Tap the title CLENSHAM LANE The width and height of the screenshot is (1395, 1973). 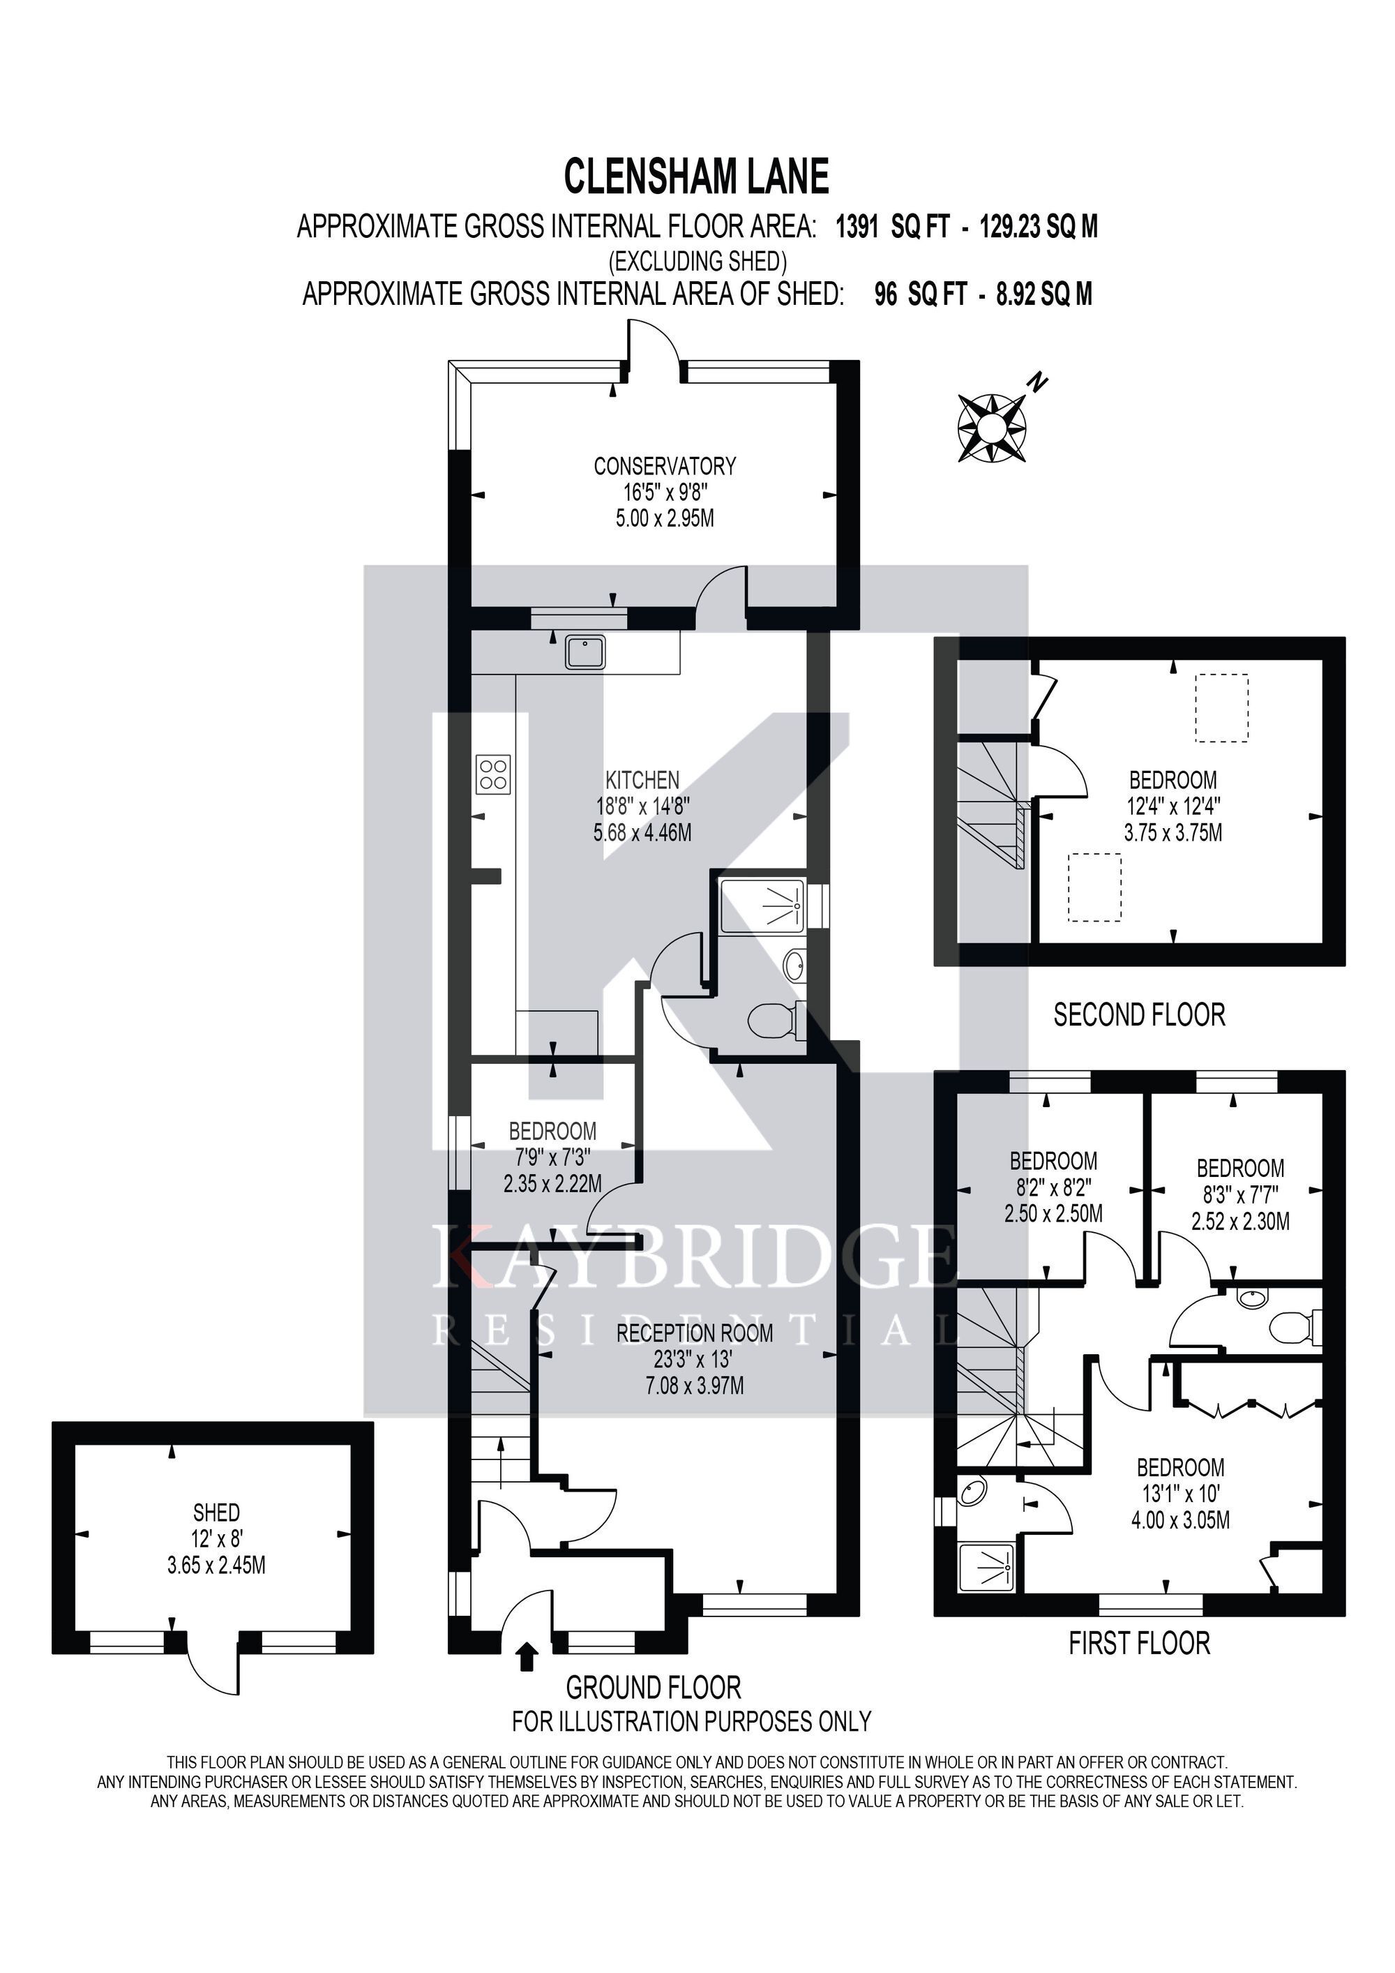coord(696,177)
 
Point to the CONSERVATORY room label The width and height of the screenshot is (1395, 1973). coord(665,466)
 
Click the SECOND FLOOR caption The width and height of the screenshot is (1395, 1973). coord(1139,1015)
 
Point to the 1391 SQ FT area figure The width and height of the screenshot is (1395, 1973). coord(893,227)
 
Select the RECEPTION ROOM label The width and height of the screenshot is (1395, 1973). coord(695,1333)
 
